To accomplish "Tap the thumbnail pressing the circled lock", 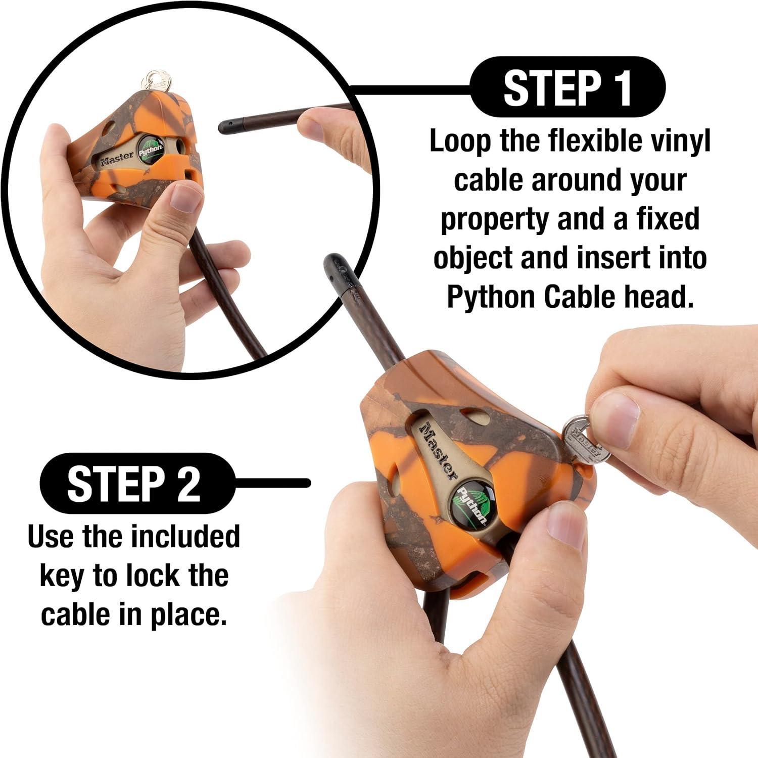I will pyautogui.click(x=185, y=199).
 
